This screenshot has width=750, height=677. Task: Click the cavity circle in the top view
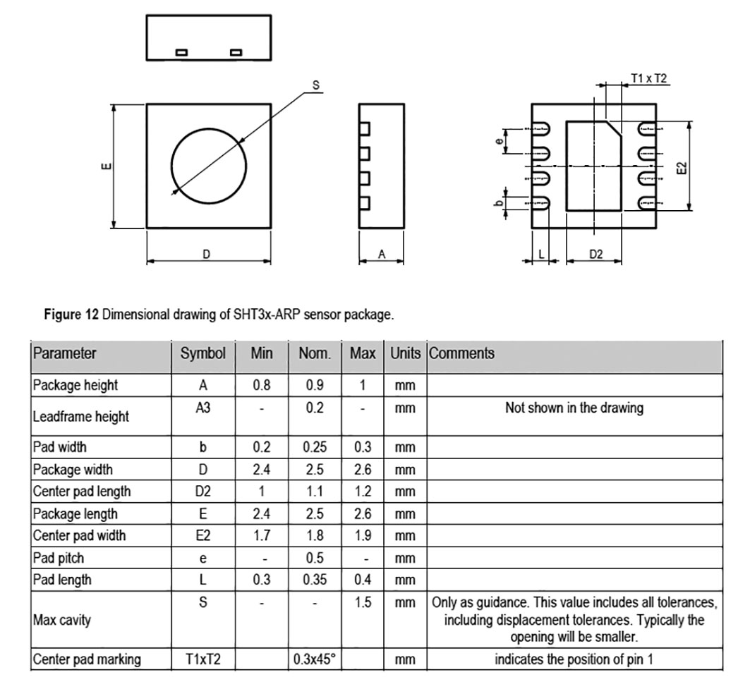click(x=171, y=166)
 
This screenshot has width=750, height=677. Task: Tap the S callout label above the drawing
click(x=315, y=85)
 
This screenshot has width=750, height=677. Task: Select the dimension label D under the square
click(x=206, y=255)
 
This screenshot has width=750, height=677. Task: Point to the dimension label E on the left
click(x=107, y=166)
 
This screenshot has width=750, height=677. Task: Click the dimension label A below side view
click(x=382, y=255)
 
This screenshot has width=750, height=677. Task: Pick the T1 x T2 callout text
click(x=648, y=78)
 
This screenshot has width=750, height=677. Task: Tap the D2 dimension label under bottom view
click(x=596, y=255)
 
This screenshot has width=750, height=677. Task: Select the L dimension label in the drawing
click(x=541, y=255)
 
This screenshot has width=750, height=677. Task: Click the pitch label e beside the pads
click(x=499, y=141)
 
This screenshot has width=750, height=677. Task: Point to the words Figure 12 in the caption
click(x=71, y=315)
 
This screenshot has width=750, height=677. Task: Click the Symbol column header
click(x=202, y=353)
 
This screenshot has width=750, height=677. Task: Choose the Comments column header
click(x=461, y=353)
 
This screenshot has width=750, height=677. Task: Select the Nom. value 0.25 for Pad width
click(x=315, y=447)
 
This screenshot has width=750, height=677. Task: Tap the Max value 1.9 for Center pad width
click(x=363, y=535)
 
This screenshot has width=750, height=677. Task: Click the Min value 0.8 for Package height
click(x=262, y=385)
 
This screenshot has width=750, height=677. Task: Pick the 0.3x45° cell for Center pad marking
click(x=314, y=659)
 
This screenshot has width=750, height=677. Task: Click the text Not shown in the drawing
click(x=574, y=408)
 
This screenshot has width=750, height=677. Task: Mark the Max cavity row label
click(x=61, y=620)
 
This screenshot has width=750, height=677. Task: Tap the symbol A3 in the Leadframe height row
click(x=202, y=408)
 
